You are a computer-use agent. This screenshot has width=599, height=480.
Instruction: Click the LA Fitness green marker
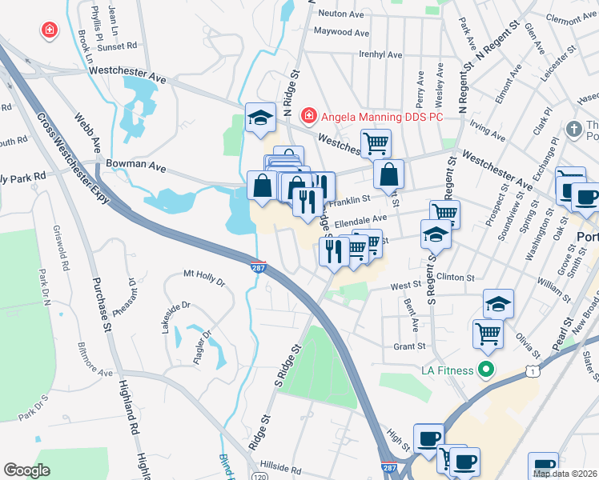(x=484, y=370)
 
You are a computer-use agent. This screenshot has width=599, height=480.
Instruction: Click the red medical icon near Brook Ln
(x=50, y=30)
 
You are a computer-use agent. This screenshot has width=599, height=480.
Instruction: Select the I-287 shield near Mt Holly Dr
(x=256, y=265)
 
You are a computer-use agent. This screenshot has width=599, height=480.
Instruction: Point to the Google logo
(x=26, y=470)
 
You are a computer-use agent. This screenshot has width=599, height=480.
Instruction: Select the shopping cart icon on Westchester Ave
(x=375, y=143)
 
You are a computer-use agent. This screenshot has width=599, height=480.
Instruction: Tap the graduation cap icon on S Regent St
(x=436, y=234)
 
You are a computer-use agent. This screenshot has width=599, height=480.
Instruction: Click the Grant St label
(x=408, y=346)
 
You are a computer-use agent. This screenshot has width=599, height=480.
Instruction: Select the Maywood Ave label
(x=341, y=33)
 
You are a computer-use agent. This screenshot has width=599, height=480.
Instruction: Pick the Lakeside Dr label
(x=179, y=317)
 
